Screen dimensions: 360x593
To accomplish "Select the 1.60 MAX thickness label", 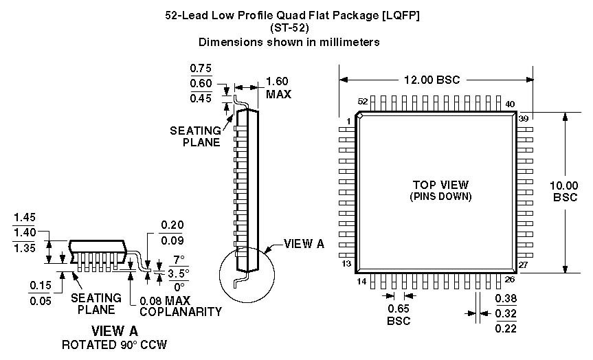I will (278, 88).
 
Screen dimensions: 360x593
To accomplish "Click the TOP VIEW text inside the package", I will (440, 185).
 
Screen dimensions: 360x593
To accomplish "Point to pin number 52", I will (363, 102).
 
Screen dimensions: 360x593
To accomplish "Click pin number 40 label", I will (510, 104).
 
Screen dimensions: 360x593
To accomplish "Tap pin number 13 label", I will (347, 264).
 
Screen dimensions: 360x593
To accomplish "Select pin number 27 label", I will (524, 265).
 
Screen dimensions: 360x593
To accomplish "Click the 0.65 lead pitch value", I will (399, 308).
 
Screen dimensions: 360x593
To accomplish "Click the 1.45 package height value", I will (24, 217).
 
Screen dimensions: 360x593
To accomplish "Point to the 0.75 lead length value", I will (201, 68).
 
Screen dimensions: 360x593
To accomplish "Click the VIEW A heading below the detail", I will (115, 331).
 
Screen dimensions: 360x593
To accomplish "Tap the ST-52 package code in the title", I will (289, 28).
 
